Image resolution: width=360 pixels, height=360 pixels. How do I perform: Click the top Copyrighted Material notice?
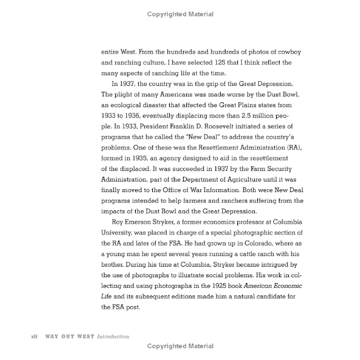pos(180,14)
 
